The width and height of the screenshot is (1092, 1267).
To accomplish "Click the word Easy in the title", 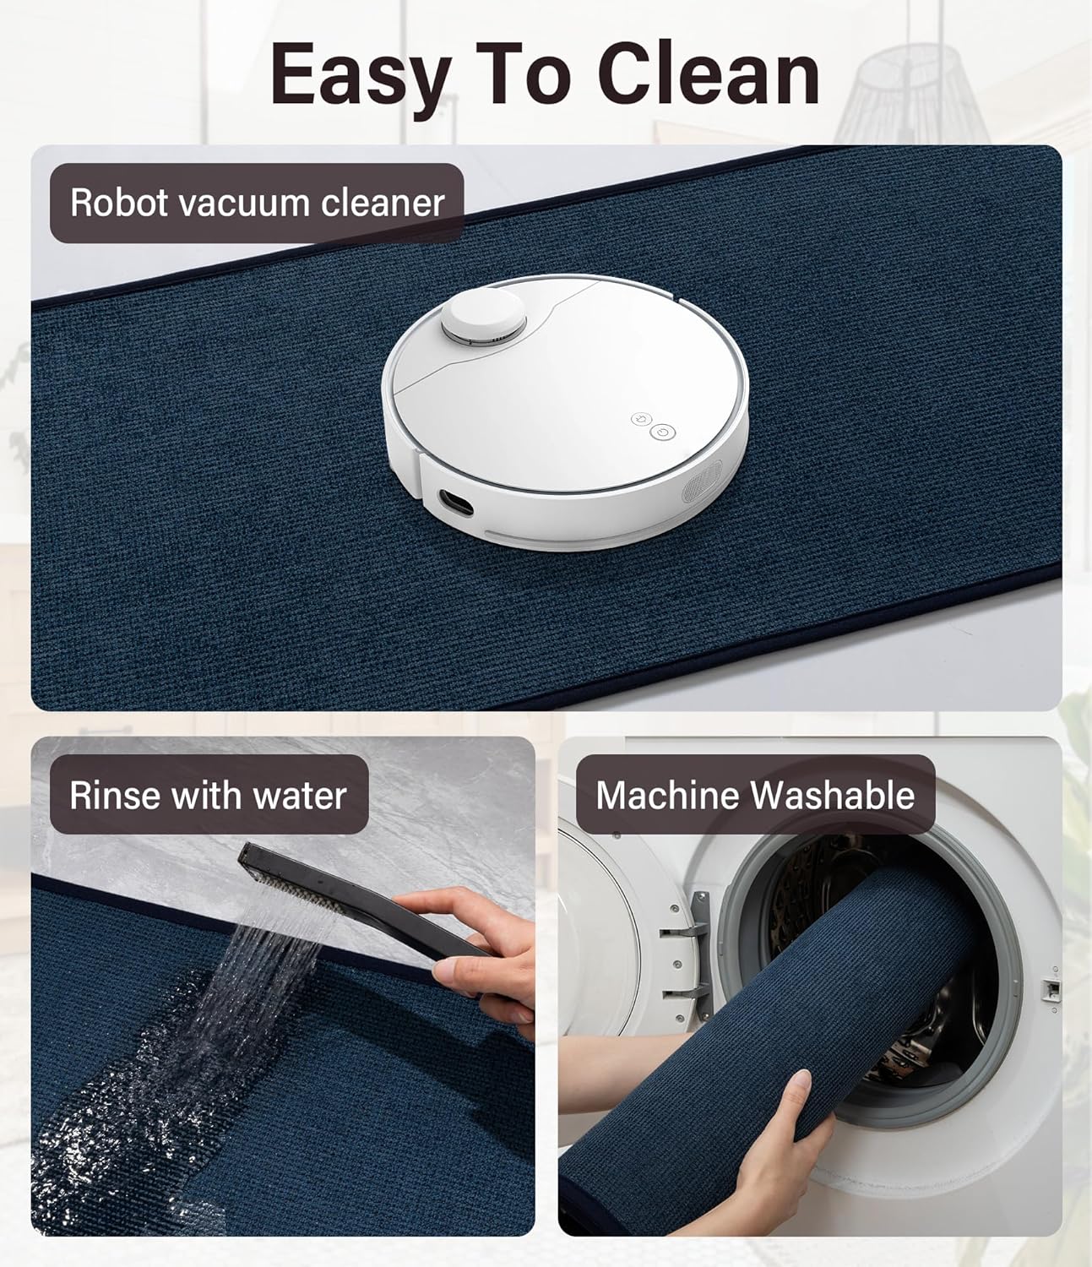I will [x=359, y=74].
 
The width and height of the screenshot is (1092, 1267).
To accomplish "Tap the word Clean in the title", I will [x=708, y=74].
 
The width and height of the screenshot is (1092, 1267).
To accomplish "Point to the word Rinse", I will [x=115, y=796].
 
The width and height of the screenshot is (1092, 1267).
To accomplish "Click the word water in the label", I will [x=304, y=796].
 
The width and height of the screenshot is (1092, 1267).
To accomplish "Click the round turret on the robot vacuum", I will [x=484, y=319].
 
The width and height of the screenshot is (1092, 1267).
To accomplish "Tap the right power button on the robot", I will [x=663, y=432].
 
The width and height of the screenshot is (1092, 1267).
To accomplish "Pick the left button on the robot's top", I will [x=640, y=419].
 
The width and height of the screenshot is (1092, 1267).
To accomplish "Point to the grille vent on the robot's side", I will [x=700, y=488].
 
